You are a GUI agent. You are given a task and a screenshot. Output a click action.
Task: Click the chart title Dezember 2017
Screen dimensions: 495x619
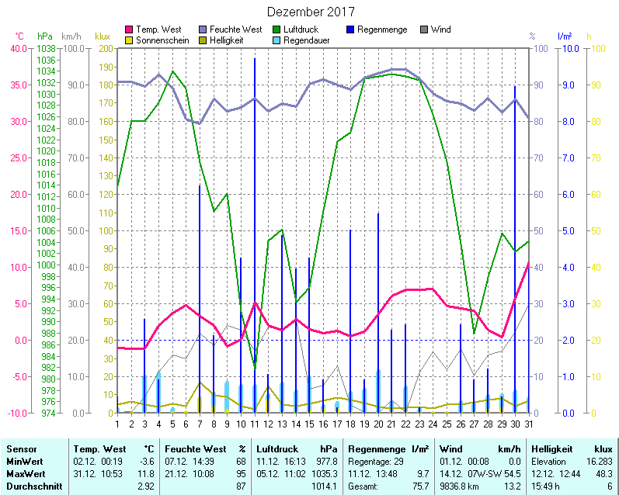(x=310, y=12)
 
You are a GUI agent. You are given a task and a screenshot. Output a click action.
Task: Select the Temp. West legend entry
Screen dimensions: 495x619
(x=158, y=29)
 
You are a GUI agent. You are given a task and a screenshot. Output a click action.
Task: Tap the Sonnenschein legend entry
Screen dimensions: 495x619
(x=162, y=40)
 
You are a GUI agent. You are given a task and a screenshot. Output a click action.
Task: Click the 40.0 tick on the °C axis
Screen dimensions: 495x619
(x=18, y=48)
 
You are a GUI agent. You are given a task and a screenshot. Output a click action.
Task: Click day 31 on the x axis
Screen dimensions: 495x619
(x=529, y=424)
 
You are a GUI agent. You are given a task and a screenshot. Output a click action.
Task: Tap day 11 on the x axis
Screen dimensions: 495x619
(x=254, y=424)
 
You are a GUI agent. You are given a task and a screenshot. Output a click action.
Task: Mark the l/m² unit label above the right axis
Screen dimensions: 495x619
(x=565, y=36)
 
